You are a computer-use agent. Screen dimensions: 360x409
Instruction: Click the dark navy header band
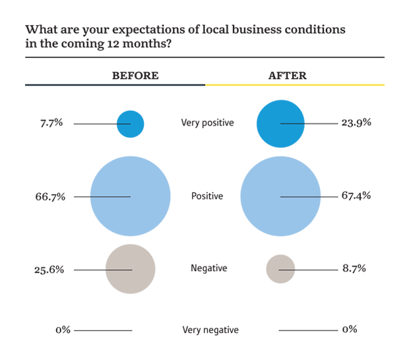click(99, 85)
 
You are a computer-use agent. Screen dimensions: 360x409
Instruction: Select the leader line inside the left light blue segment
click(106, 196)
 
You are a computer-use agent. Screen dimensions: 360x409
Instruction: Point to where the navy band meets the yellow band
click(204, 85)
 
